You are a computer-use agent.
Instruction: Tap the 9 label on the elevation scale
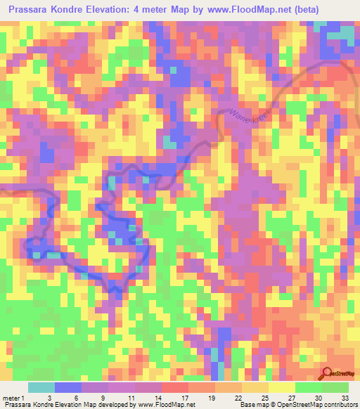tap(104, 398)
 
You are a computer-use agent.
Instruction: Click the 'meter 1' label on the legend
tap(12, 398)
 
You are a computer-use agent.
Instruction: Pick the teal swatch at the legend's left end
tap(41, 387)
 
